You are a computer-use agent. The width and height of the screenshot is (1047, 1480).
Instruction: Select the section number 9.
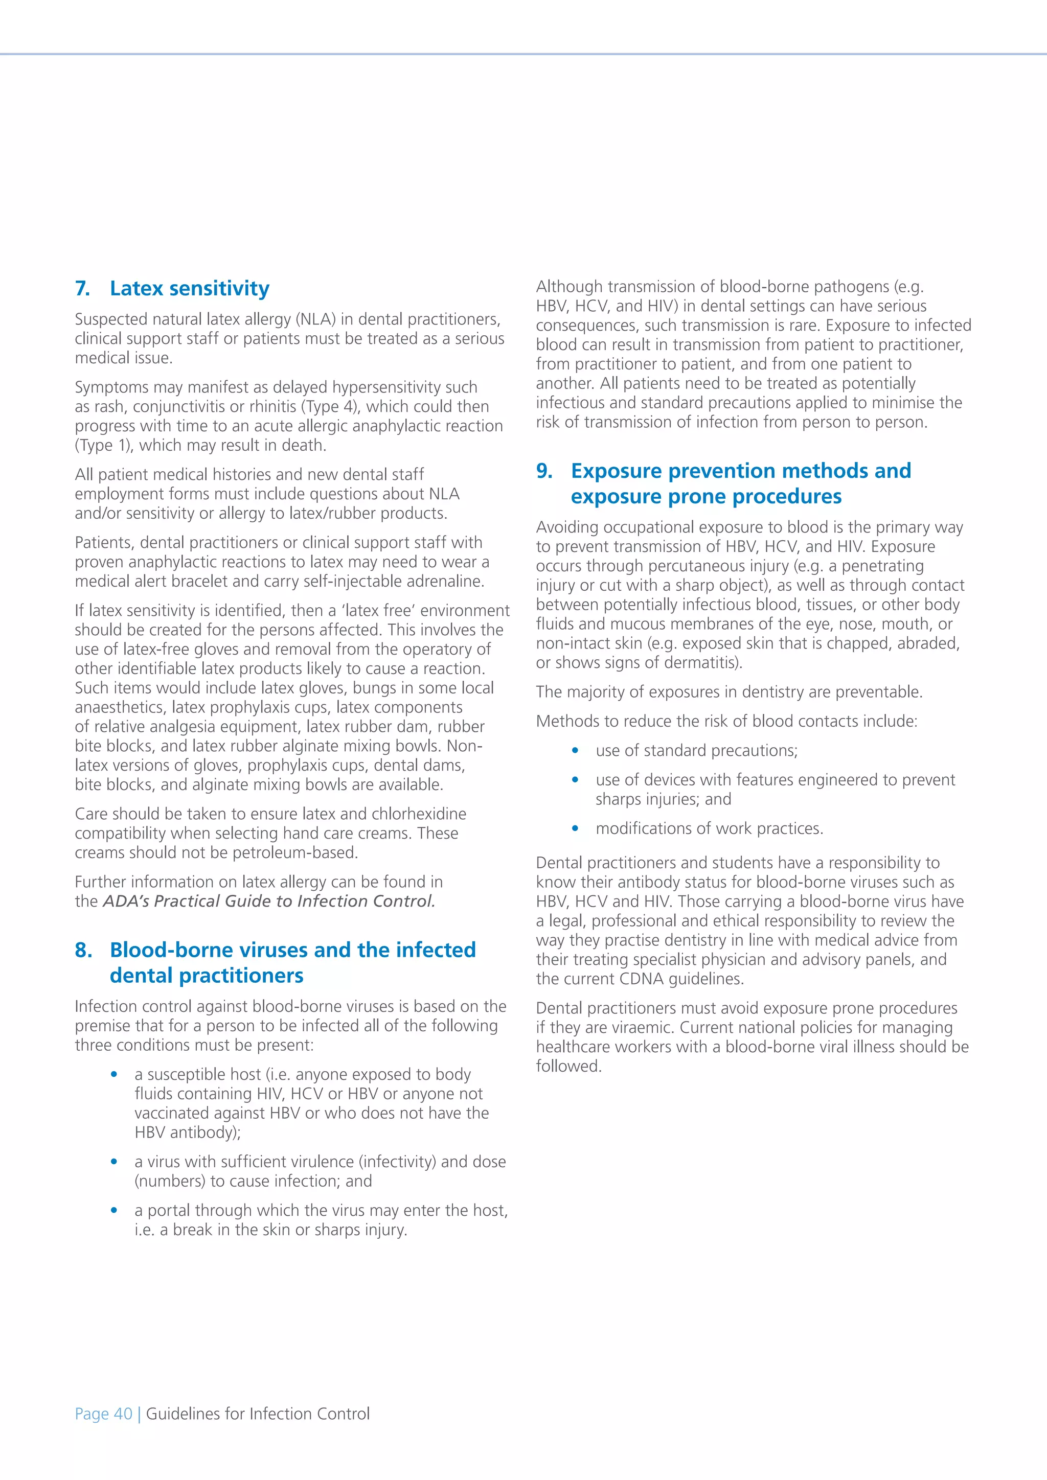544,471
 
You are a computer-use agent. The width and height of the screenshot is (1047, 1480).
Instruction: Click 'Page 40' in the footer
103,1414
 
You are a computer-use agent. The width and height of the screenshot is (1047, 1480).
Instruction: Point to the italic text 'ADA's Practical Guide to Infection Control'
268,901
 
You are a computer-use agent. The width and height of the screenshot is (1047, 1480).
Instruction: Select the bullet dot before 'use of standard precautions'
575,751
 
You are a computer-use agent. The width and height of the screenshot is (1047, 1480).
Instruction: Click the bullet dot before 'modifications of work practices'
575,828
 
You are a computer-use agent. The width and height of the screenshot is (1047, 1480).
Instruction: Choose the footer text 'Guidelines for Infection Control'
258,1414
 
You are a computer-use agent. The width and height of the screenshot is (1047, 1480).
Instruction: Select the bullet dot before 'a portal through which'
114,1211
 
